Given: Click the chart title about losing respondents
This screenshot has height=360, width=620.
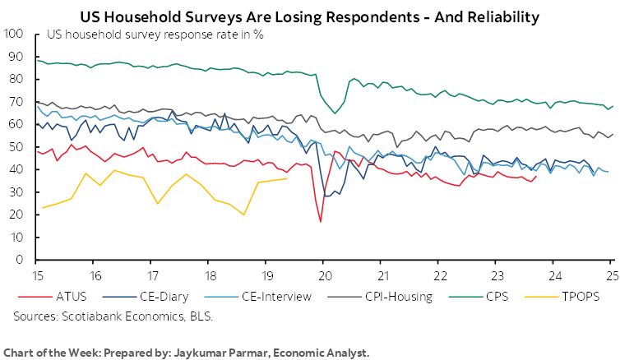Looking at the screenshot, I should [x=310, y=15].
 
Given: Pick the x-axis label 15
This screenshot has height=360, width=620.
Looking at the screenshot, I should [x=37, y=275].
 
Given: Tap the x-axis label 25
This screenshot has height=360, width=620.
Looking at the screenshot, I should [x=611, y=275].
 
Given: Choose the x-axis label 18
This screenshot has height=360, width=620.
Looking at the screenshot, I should [x=209, y=275].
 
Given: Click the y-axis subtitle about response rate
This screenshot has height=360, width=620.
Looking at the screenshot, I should [x=139, y=35].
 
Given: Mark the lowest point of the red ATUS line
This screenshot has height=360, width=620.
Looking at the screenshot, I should [x=321, y=222].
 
